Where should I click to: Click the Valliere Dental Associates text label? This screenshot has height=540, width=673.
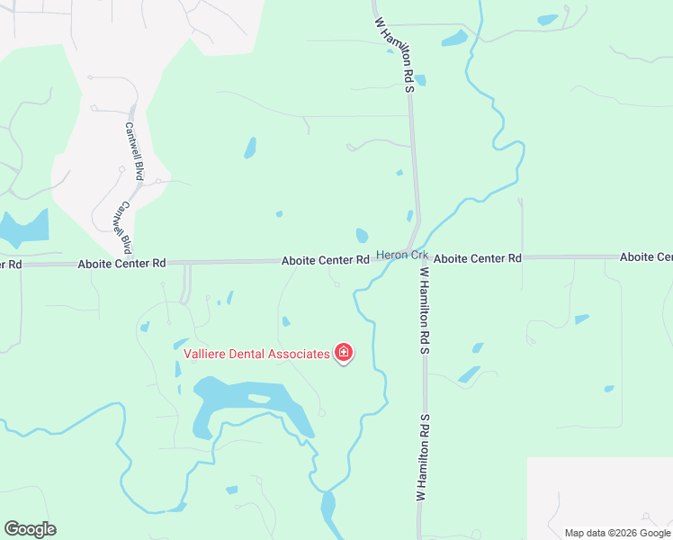256,354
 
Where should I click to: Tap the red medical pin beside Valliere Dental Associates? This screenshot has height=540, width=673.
343,353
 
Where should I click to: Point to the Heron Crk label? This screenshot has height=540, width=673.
401,256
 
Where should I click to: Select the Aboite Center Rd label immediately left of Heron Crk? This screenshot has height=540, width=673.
325,260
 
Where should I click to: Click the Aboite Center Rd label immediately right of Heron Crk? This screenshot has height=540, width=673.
477,258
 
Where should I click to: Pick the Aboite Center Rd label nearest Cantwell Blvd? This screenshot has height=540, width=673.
121,264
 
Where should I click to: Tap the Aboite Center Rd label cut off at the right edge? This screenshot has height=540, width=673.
645,257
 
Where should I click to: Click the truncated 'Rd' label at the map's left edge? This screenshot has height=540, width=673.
10,265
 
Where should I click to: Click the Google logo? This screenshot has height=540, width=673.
30,529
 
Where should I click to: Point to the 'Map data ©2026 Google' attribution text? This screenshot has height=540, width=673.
616,533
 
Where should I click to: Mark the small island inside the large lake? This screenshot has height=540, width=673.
259,398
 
